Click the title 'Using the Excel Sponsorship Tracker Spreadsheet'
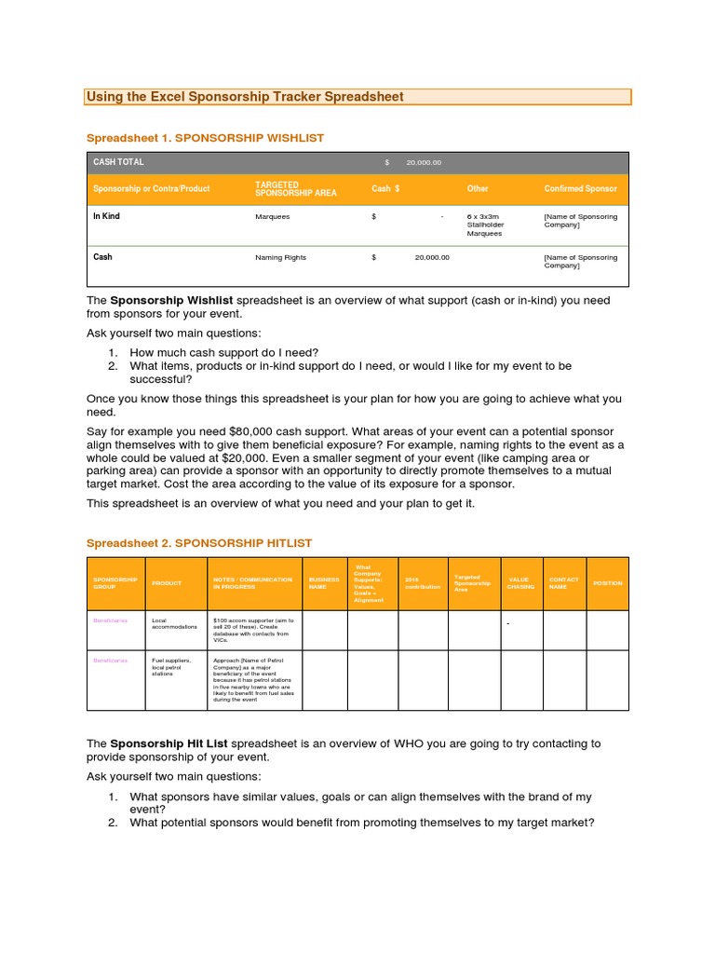tap(245, 97)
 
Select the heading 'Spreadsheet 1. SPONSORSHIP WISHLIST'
tap(205, 137)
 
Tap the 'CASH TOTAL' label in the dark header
tap(118, 162)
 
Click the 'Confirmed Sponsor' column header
tap(580, 188)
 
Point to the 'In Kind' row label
tap(106, 216)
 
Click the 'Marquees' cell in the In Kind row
tap(273, 217)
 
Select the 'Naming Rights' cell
tap(280, 257)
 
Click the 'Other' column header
tap(478, 188)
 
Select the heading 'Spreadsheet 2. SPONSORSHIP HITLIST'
tap(199, 542)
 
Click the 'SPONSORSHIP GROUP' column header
tap(115, 583)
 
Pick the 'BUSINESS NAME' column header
tap(324, 583)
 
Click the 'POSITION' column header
tap(607, 583)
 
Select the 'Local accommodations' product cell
tap(174, 623)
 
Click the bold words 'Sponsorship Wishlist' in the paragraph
tap(172, 301)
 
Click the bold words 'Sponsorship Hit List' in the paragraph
tap(169, 743)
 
